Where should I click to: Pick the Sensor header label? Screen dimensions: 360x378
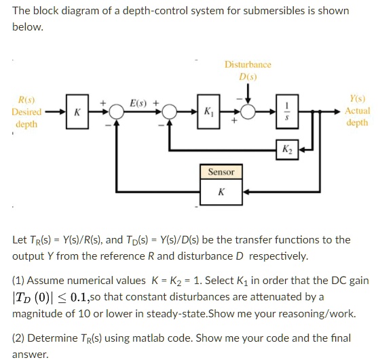[221, 172]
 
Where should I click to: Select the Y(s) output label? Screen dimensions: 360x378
[357, 98]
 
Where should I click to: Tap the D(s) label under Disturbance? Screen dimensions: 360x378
[248, 77]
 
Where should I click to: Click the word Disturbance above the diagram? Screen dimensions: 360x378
[248, 64]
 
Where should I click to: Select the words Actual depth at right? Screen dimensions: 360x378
[357, 117]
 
